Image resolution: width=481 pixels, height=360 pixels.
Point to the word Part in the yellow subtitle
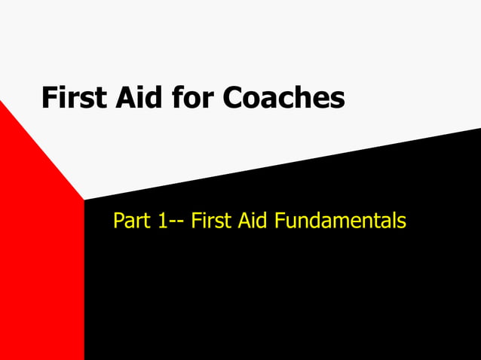point(130,221)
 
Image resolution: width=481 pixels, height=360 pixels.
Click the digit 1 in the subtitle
point(162,221)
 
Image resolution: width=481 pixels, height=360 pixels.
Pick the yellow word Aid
point(250,221)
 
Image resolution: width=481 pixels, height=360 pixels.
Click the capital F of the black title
point(49,98)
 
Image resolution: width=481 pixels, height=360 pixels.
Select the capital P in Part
point(118,221)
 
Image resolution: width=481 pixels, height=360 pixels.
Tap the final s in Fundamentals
point(402,224)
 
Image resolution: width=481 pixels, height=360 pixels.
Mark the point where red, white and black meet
point(84,200)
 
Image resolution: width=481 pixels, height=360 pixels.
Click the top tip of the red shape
point(2,102)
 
